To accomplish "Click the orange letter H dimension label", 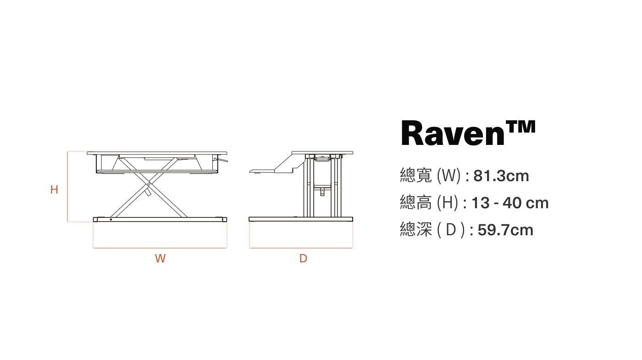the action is [54, 189].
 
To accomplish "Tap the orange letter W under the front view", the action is [160, 258].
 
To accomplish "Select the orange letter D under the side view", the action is [303, 258].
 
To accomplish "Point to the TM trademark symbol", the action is [520, 127].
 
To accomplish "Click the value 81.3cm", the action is [501, 176].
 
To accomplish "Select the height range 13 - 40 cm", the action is [510, 203].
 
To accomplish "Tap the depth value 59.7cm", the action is [505, 230].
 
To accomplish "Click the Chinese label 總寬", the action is [416, 175].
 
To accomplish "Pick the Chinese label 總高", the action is [416, 203].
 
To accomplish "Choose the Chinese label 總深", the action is [416, 230].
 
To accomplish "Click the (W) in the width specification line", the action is [449, 176].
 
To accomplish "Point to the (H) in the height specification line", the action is [448, 203].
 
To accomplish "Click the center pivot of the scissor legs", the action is [149, 184].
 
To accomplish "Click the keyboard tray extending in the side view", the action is [262, 172].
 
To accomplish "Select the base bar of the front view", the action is [160, 220].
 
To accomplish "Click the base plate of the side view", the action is [301, 219].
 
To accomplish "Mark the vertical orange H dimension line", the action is [67, 187].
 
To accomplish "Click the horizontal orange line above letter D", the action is [301, 248].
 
